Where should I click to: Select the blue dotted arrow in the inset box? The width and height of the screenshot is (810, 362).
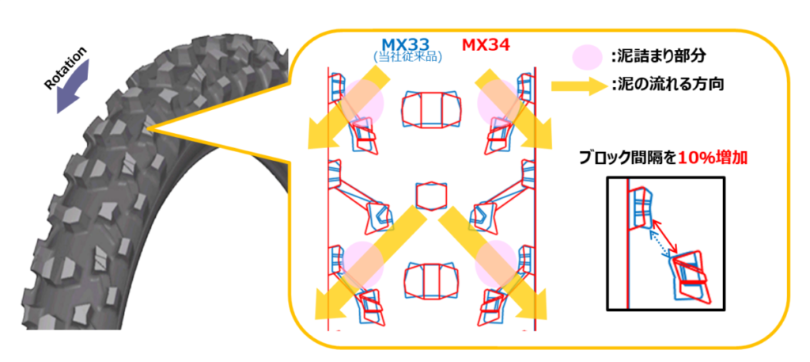click(659, 246)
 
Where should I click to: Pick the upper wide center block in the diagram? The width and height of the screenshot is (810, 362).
click(431, 110)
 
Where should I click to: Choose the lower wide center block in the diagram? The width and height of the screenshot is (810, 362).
click(431, 281)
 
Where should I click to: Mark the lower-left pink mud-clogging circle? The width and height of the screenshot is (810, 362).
click(363, 265)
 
